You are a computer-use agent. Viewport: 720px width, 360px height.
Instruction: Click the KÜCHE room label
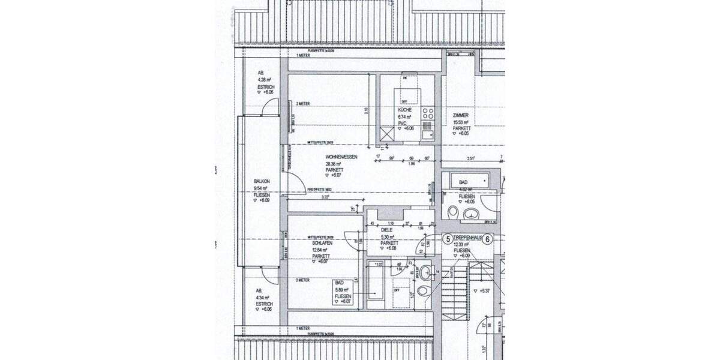(x=405, y=112)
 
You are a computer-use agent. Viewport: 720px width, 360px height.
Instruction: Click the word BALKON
(x=262, y=181)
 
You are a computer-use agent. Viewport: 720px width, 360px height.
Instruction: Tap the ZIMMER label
(x=461, y=116)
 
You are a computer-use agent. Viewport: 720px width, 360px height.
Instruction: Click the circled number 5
(x=447, y=239)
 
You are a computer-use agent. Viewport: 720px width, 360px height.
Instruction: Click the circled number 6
(x=488, y=239)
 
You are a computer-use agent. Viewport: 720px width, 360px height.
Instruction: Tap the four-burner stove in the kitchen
(x=427, y=113)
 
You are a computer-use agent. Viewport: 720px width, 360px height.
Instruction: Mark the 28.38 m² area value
(x=334, y=164)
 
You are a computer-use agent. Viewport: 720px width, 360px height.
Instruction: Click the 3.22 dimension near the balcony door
(x=325, y=197)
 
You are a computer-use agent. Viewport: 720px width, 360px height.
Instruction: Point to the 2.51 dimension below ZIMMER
(x=471, y=158)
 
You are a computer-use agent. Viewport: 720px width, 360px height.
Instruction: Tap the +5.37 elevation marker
(x=485, y=291)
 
